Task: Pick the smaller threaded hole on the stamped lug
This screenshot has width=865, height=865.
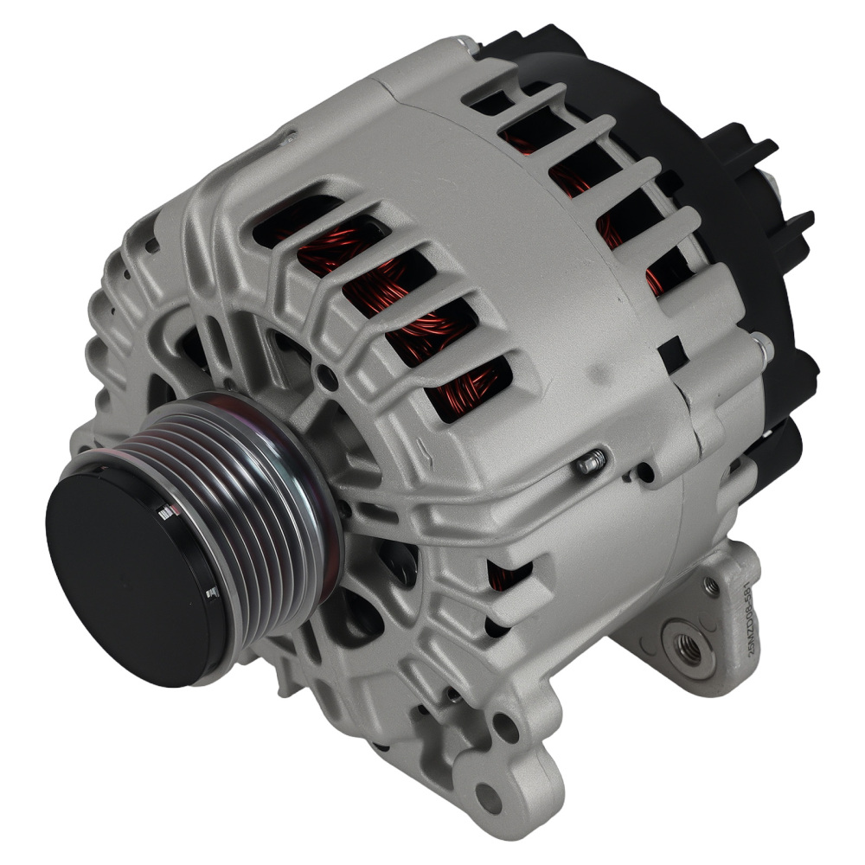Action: tap(711, 587)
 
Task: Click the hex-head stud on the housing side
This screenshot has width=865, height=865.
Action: tap(590, 463)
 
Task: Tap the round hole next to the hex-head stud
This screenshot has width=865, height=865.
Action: tap(645, 473)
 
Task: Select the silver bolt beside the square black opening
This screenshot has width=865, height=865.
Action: tap(761, 345)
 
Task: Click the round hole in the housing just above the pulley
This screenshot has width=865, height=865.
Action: tap(326, 375)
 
